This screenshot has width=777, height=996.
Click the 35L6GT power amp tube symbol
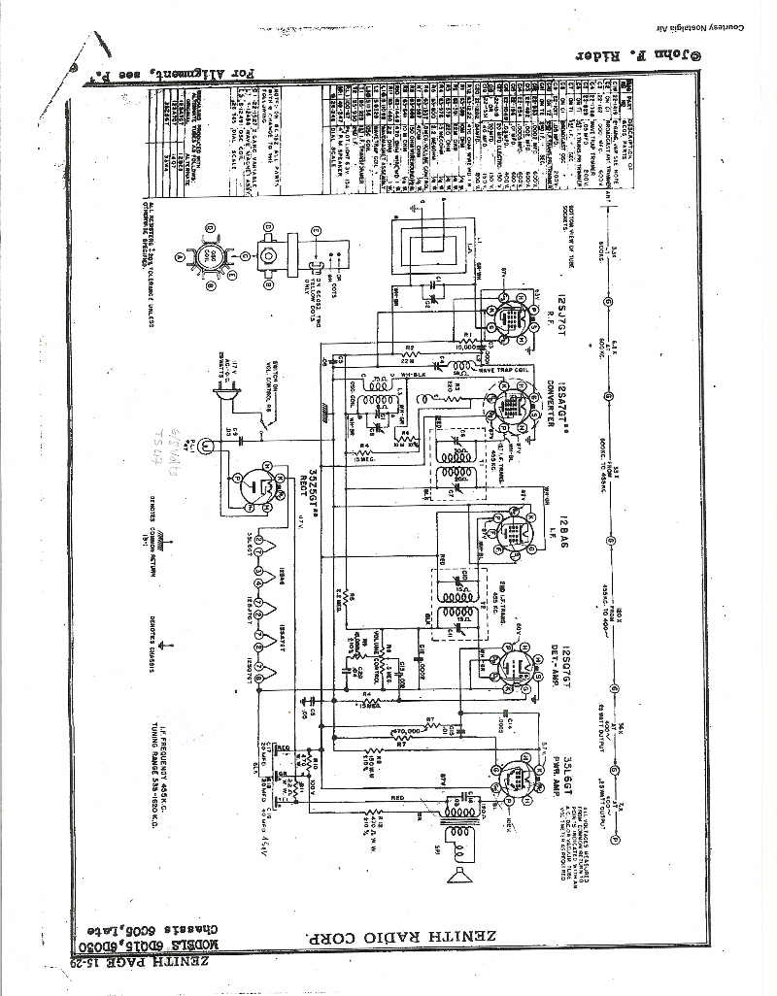click(x=512, y=778)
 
